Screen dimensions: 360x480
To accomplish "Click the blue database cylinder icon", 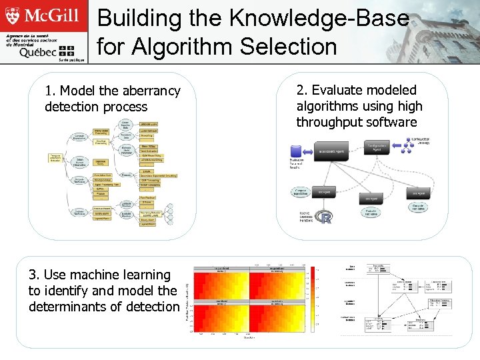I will click(x=297, y=151).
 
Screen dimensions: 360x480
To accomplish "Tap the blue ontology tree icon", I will click(x=401, y=144).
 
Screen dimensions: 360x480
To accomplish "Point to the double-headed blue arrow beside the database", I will click(x=307, y=151).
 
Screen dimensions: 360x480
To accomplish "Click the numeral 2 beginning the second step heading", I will click(x=301, y=90).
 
